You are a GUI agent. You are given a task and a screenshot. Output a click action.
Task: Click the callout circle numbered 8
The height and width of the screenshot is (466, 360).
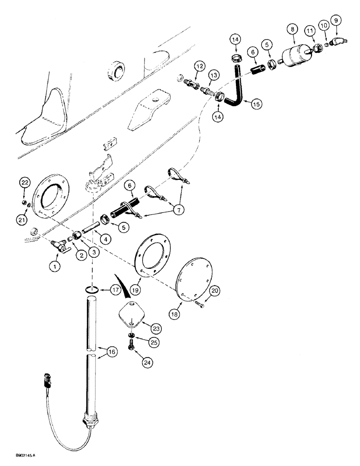pyautogui.click(x=292, y=29)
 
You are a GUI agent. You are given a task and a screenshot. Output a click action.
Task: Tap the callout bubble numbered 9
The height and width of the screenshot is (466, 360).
pyautogui.click(x=336, y=21)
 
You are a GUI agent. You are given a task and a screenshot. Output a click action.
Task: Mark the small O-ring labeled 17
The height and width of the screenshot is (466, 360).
pyautogui.click(x=92, y=291)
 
